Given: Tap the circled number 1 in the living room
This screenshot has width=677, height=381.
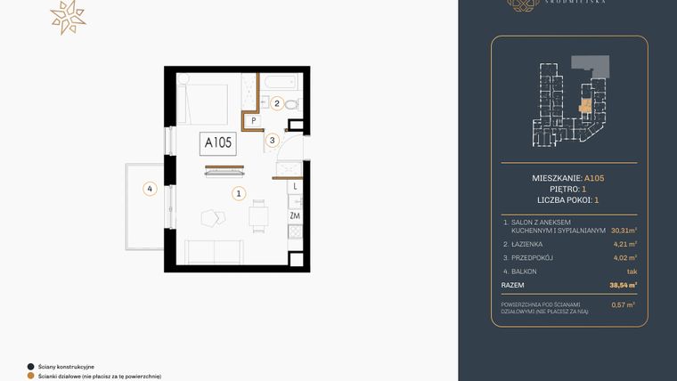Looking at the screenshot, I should point(238,192).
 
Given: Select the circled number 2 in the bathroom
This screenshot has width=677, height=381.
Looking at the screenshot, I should point(277,104).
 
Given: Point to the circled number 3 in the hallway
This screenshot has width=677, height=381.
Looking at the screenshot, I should point(273,140).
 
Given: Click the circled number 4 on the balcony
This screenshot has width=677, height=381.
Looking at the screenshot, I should point(151,188).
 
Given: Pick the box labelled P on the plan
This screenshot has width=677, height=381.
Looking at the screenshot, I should point(253,120).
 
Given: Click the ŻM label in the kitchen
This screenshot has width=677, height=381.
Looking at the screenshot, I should point(294,215).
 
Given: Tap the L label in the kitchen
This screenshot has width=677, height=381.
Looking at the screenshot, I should point(295,187).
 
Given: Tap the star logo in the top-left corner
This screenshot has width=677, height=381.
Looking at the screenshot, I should point(67,17).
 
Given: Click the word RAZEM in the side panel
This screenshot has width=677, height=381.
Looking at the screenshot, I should point(513,285).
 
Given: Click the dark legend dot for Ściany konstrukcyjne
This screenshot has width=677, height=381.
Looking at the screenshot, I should point(30,366).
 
